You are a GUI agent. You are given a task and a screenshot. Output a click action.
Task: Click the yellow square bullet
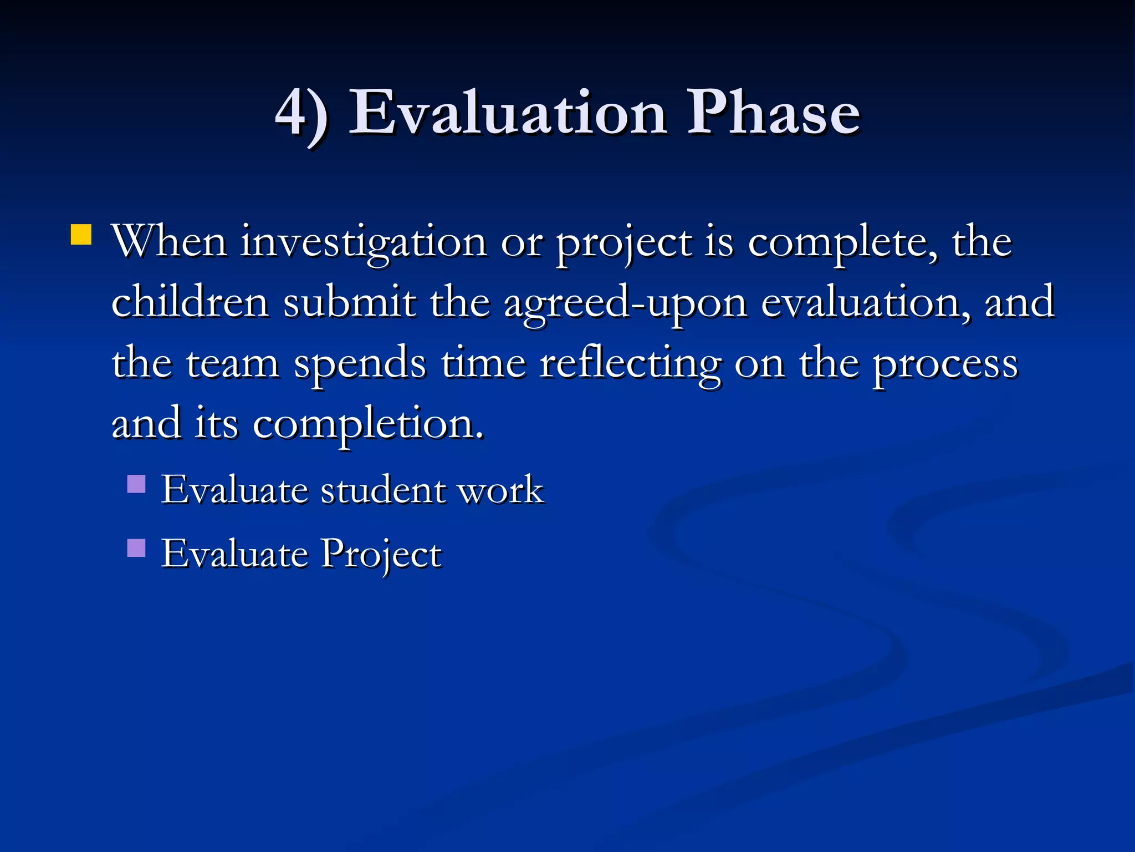tap(81, 235)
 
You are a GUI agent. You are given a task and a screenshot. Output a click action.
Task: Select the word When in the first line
tap(169, 242)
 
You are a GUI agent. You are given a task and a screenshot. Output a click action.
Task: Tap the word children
tap(190, 303)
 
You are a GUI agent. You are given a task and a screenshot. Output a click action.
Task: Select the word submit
tap(349, 303)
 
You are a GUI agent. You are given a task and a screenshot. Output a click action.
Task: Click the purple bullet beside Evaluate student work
tap(136, 484)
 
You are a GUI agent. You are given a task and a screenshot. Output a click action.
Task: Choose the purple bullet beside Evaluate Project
tap(136, 548)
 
